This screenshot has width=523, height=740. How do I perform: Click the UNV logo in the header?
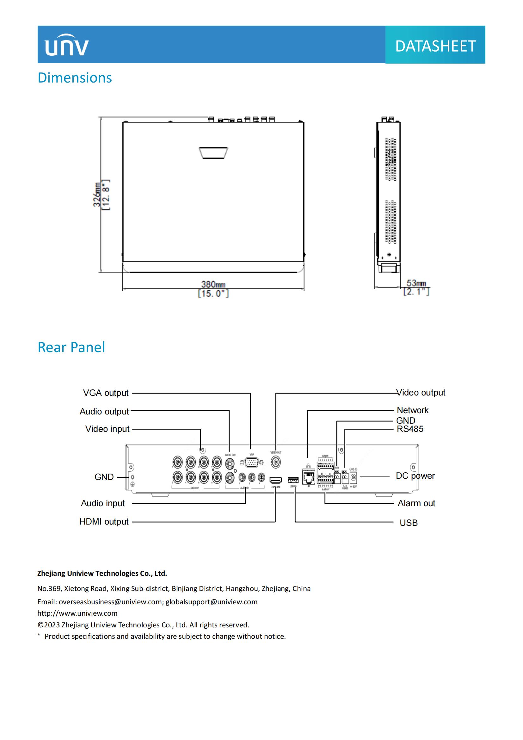click(67, 45)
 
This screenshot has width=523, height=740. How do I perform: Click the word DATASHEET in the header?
click(435, 46)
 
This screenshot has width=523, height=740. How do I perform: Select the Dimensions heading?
click(75, 78)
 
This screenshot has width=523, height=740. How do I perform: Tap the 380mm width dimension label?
click(213, 285)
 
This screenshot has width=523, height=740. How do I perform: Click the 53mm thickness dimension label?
click(416, 283)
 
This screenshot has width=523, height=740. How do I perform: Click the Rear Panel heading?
click(71, 347)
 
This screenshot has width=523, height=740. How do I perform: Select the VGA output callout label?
click(106, 393)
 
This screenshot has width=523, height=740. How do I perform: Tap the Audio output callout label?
click(104, 412)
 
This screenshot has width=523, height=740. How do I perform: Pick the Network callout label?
click(413, 410)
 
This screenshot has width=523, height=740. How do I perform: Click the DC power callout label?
click(415, 476)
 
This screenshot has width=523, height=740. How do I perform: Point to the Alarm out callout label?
click(416, 503)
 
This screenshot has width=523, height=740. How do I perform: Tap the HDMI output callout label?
click(104, 522)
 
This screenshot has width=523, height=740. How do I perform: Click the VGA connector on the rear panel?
click(251, 463)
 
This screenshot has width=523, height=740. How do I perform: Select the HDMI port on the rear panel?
click(276, 480)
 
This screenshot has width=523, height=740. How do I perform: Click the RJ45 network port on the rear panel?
click(309, 477)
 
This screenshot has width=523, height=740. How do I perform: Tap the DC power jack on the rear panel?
click(353, 477)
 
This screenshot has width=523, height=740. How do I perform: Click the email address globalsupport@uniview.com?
click(212, 602)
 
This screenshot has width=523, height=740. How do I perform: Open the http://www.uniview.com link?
click(77, 613)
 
